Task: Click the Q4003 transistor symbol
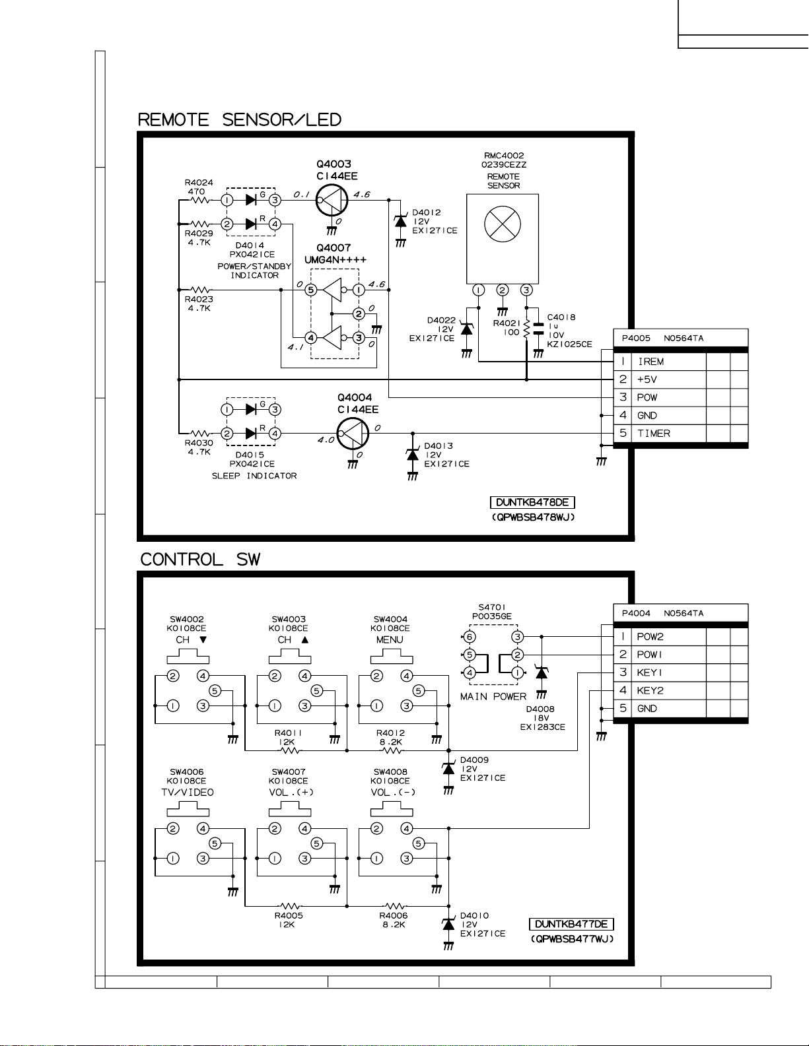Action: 332,200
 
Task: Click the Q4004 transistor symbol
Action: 353,434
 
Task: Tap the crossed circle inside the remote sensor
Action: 503,224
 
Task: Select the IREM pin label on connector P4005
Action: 651,362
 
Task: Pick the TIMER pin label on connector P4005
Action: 653,433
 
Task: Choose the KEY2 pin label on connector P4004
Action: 650,691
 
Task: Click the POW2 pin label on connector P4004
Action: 650,637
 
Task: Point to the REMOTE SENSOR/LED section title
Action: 239,119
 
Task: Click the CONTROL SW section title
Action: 200,560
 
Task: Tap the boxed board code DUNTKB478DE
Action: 532,503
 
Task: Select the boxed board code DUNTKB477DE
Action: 572,924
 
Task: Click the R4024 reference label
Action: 199,182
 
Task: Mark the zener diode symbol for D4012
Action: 401,221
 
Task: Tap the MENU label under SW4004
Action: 390,639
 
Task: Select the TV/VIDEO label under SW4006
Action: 188,793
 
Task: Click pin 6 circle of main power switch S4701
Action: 470,637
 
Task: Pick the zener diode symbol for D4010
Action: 448,925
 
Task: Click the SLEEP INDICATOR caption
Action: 254,476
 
